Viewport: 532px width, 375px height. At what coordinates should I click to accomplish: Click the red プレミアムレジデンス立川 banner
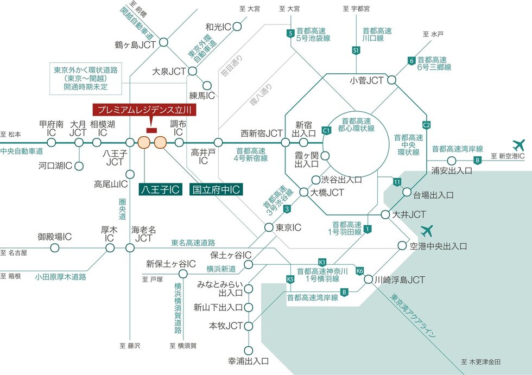click(x=144, y=110)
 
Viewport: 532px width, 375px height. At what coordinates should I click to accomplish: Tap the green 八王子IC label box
click(x=160, y=189)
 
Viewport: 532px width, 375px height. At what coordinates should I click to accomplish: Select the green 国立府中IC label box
click(x=216, y=189)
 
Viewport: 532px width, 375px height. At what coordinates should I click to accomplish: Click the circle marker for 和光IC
click(x=237, y=27)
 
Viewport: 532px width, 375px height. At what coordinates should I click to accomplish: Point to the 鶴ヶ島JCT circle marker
click(x=163, y=42)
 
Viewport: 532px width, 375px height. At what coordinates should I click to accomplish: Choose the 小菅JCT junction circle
click(x=391, y=80)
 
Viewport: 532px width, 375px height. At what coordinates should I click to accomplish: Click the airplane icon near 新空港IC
click(x=518, y=145)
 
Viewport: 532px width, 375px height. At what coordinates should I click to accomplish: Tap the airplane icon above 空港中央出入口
click(x=427, y=231)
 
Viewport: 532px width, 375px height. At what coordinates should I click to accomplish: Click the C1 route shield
click(x=326, y=130)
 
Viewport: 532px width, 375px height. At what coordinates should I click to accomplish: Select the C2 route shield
click(x=427, y=125)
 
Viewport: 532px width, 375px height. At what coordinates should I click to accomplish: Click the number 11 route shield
click(x=397, y=182)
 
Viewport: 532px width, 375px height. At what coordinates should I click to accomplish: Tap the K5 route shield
click(x=290, y=279)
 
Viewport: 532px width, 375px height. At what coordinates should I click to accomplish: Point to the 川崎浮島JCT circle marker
click(x=369, y=279)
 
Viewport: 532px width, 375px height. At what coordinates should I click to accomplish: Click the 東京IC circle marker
click(x=269, y=227)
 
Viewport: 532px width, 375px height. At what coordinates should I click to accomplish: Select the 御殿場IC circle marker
click(x=55, y=248)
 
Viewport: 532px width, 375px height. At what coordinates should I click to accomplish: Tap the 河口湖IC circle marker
click(x=79, y=166)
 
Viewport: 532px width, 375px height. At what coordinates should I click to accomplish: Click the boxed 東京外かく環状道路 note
click(x=86, y=79)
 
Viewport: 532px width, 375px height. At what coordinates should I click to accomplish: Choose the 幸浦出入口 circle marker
click(x=249, y=350)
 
